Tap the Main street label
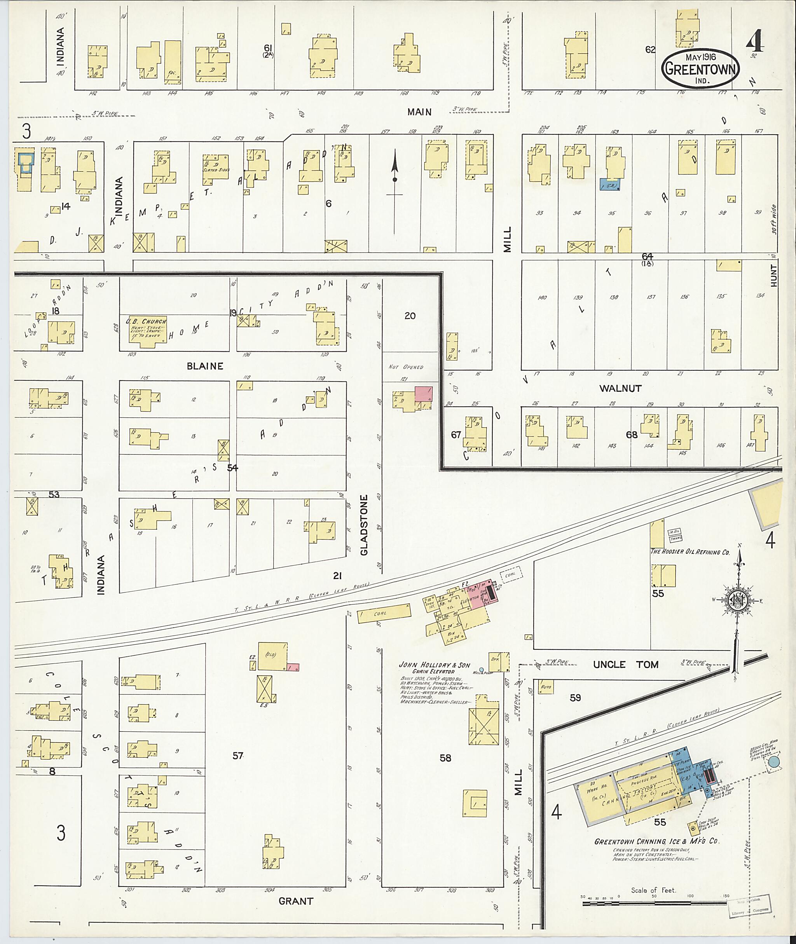[x=419, y=112]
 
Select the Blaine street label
[x=205, y=366]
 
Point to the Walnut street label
[x=620, y=388]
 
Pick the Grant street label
[x=295, y=901]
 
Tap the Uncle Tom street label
[x=625, y=665]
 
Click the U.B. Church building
[x=146, y=331]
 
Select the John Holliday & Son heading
[x=434, y=665]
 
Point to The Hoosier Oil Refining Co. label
[x=690, y=552]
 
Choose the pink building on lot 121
[x=423, y=393]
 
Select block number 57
[x=238, y=756]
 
